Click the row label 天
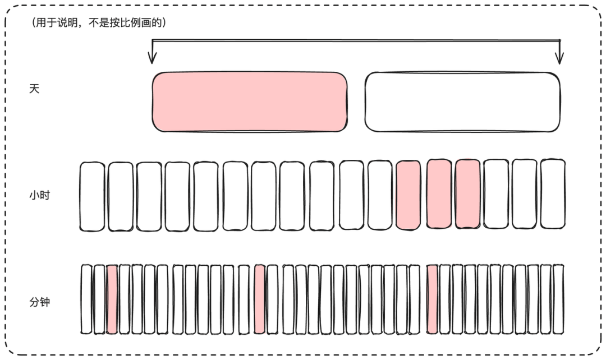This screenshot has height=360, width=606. pyautogui.click(x=34, y=89)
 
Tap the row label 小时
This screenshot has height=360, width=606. pyautogui.click(x=39, y=195)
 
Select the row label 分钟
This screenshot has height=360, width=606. pyautogui.click(x=39, y=302)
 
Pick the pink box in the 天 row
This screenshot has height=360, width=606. pyautogui.click(x=250, y=101)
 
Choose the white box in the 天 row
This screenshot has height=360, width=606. pyautogui.click(x=462, y=101)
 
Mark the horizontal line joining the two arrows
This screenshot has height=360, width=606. pyautogui.click(x=356, y=40)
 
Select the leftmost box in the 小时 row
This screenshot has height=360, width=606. pyautogui.click(x=92, y=197)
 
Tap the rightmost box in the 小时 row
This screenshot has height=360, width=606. pyautogui.click(x=553, y=194)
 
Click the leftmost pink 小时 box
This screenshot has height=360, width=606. pyautogui.click(x=408, y=195)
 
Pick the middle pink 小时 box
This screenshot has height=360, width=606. pyautogui.click(x=439, y=194)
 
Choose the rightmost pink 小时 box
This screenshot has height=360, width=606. pyautogui.click(x=467, y=194)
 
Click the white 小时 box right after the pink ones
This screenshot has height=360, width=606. pyautogui.click(x=496, y=194)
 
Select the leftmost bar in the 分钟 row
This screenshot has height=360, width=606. pyautogui.click(x=86, y=299)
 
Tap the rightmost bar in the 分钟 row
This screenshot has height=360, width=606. pyautogui.click(x=558, y=299)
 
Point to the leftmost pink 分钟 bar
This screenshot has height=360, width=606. pyautogui.click(x=112, y=299)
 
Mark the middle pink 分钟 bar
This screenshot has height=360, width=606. pyautogui.click(x=260, y=299)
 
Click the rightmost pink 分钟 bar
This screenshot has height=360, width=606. pyautogui.click(x=432, y=299)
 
